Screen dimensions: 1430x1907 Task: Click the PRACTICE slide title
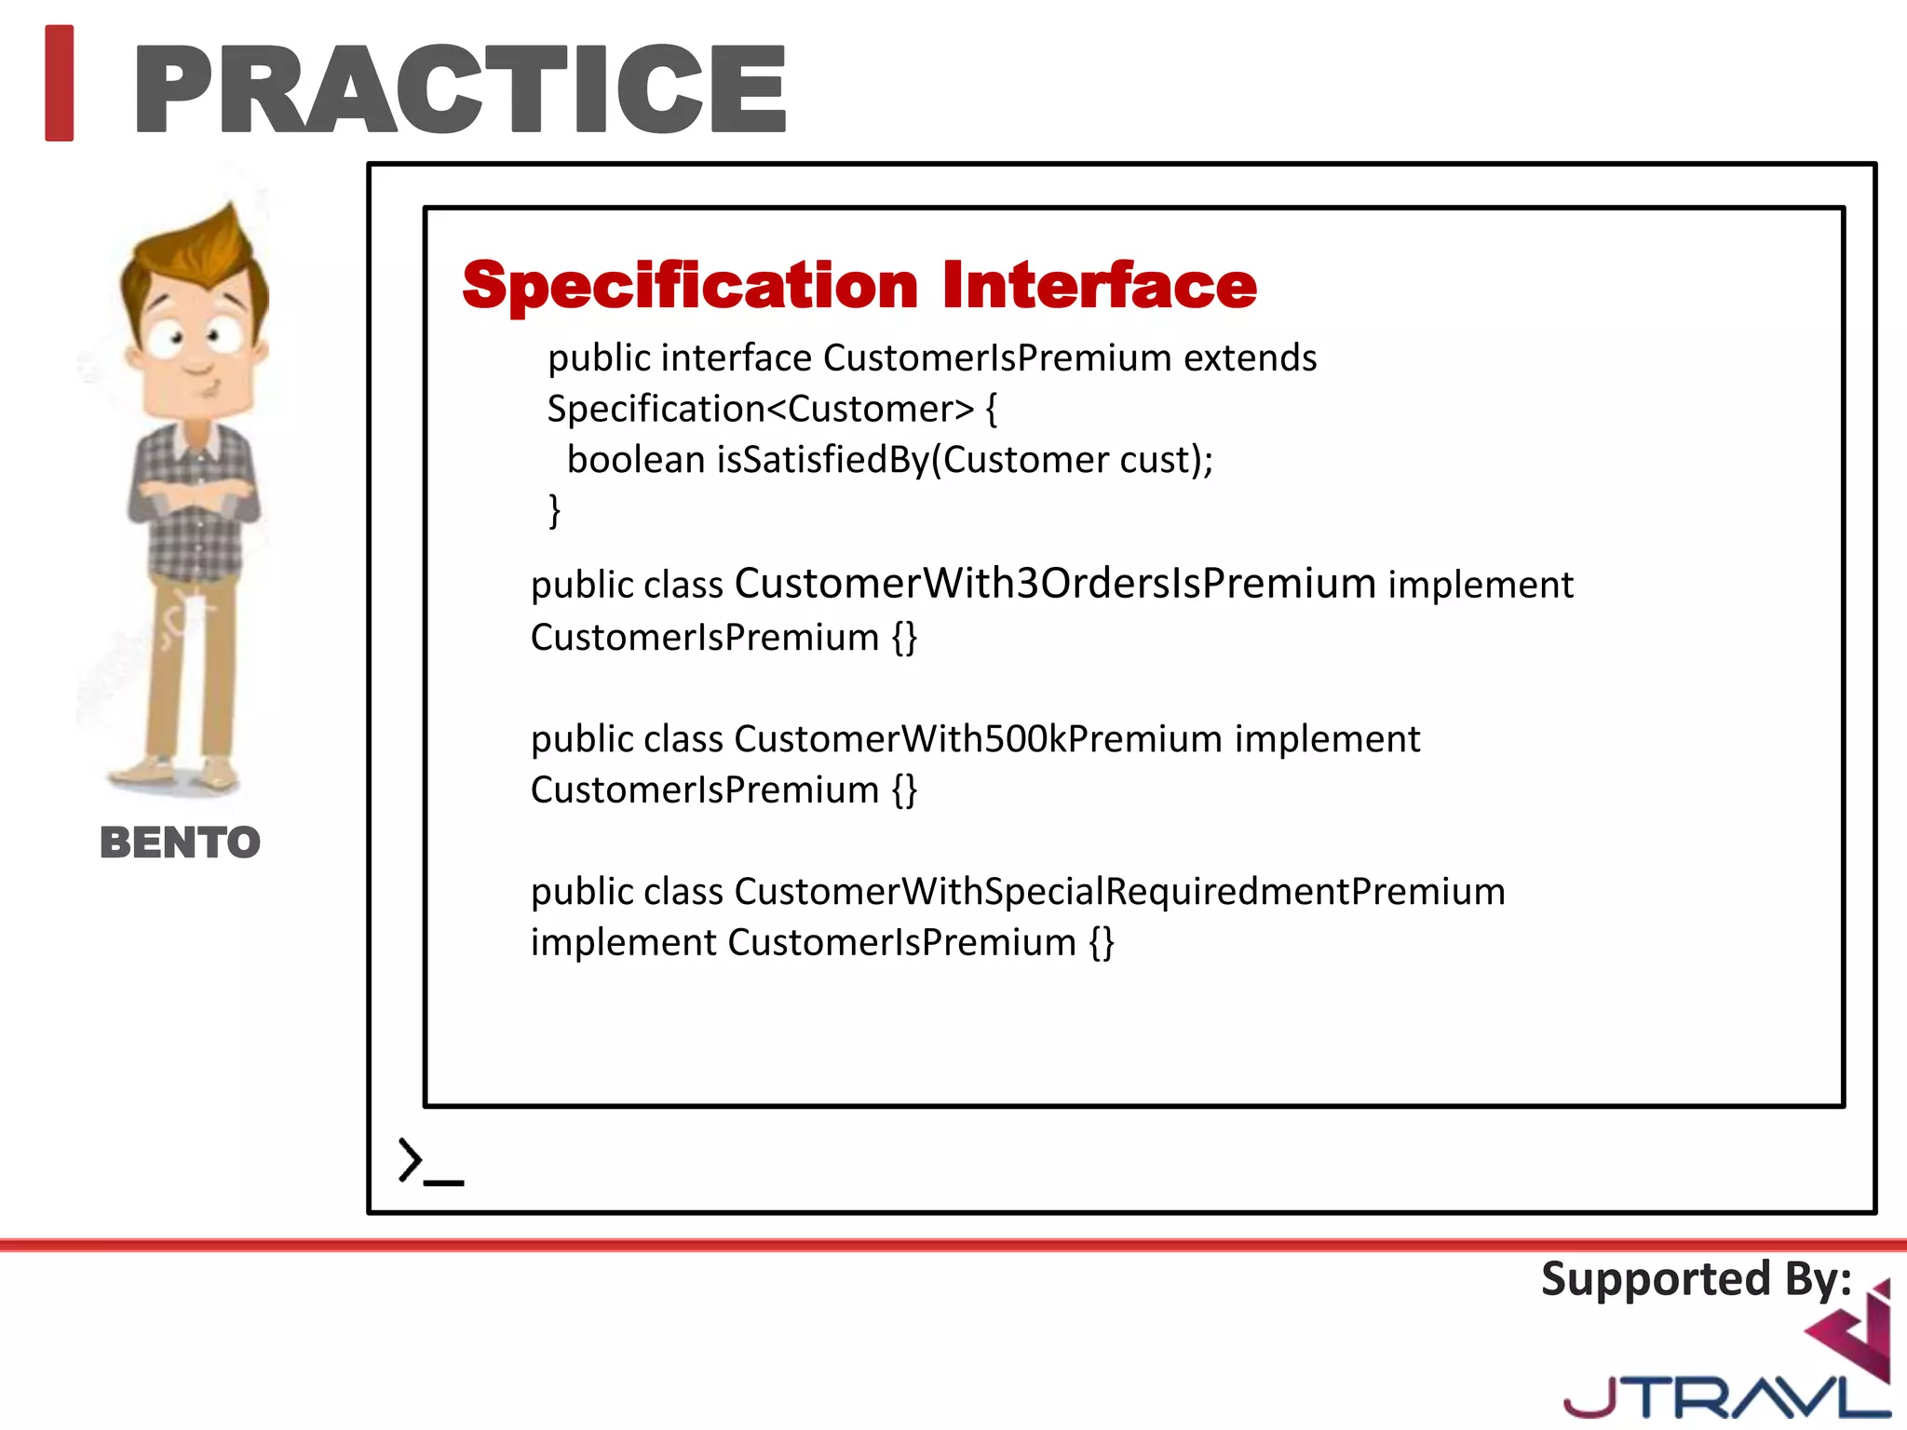(x=461, y=89)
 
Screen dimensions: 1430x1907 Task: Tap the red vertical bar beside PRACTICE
(x=59, y=84)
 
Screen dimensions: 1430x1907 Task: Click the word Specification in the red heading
(x=690, y=285)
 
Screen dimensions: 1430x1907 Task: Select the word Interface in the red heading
(x=1099, y=285)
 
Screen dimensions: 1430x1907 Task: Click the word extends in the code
(x=1250, y=358)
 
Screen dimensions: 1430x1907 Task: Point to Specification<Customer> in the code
(x=760, y=410)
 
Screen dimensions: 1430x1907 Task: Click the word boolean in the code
(x=636, y=460)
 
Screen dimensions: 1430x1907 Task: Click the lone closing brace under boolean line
(x=555, y=511)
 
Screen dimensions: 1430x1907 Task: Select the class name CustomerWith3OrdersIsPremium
(x=1055, y=584)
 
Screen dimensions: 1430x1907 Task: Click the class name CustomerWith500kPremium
(x=978, y=739)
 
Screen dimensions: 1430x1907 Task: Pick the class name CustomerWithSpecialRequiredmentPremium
(x=1119, y=892)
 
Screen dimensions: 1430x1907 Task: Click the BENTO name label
(x=180, y=843)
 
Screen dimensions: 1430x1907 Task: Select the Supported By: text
(x=1696, y=1279)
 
